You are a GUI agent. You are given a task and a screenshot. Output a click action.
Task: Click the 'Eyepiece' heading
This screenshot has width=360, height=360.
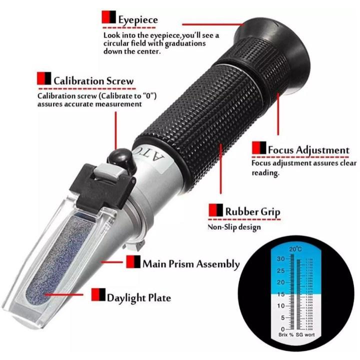coord(138,19)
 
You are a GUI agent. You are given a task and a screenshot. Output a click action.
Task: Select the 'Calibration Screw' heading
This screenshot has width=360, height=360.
coord(93,80)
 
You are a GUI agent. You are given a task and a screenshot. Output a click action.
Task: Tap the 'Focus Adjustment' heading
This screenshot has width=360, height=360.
coord(308,149)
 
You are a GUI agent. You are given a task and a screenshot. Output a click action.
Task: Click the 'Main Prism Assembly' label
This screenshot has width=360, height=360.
coord(191,263)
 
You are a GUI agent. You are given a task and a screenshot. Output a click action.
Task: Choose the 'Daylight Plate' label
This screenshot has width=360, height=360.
coord(138,297)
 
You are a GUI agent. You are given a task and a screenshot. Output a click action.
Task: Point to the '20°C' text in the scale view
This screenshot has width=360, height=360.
coord(294,249)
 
